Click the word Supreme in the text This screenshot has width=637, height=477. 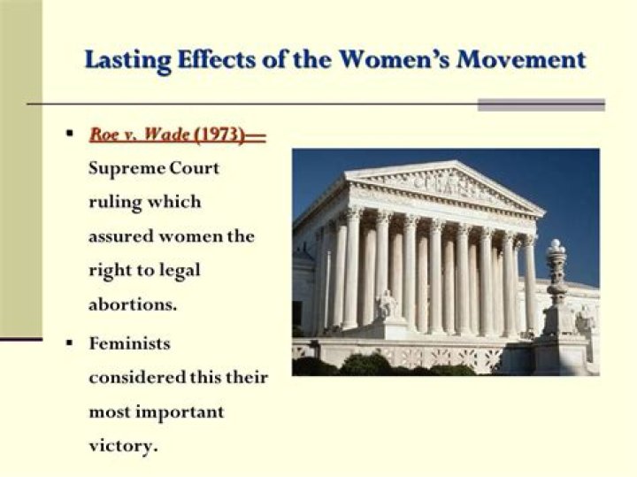122,168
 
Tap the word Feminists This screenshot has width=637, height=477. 129,342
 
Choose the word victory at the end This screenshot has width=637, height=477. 123,445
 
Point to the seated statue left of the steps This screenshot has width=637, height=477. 386,304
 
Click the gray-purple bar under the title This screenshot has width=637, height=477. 541,104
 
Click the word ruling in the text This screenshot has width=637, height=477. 113,201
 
